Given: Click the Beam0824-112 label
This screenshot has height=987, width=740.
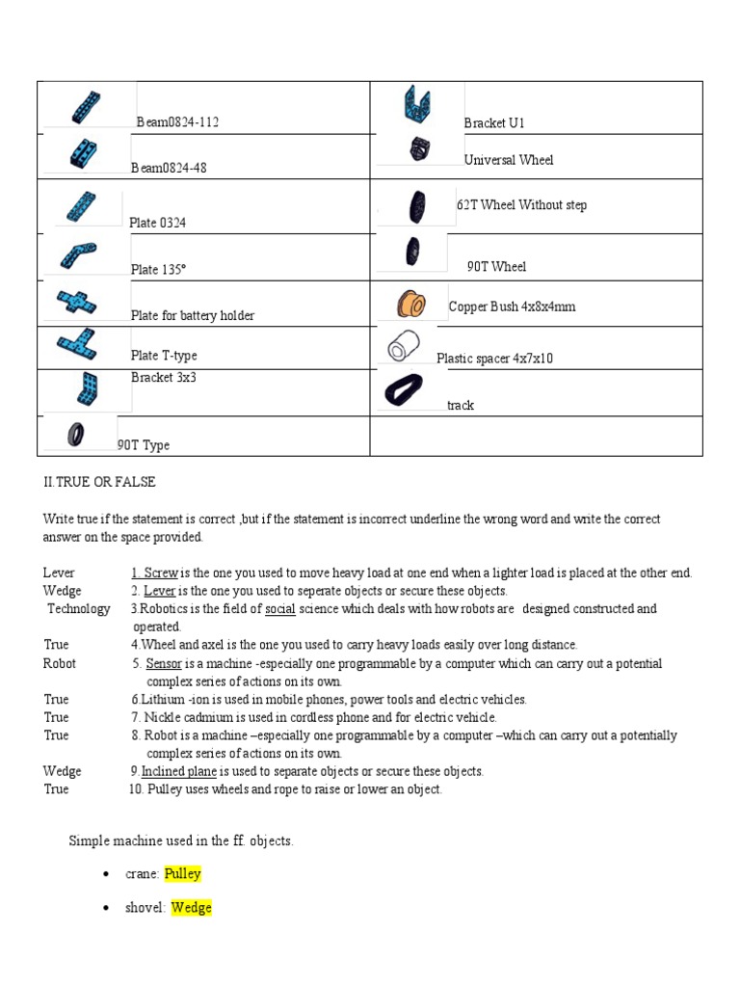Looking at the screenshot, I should click(x=183, y=122).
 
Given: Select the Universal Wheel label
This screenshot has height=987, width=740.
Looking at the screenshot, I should click(x=508, y=160).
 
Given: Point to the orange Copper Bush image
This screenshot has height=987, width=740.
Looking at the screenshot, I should click(x=412, y=304).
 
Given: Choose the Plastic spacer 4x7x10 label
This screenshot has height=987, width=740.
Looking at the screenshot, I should click(x=494, y=359).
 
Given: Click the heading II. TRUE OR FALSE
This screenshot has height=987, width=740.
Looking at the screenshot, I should click(x=98, y=482).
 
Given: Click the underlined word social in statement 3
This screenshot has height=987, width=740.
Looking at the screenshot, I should click(x=279, y=609).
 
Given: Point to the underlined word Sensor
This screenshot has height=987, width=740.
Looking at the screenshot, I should click(x=164, y=664).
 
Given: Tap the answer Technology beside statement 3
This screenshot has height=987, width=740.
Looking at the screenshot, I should click(x=79, y=609).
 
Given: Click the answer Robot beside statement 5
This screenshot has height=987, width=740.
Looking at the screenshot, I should click(x=60, y=664).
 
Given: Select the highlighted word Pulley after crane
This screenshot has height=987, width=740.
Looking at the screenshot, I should click(x=182, y=874).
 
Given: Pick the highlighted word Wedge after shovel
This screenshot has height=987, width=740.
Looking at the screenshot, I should click(x=191, y=908).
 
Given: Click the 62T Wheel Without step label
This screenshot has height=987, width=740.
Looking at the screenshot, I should click(x=521, y=205).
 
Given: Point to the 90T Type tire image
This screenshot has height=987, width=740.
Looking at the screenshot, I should click(x=76, y=434).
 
